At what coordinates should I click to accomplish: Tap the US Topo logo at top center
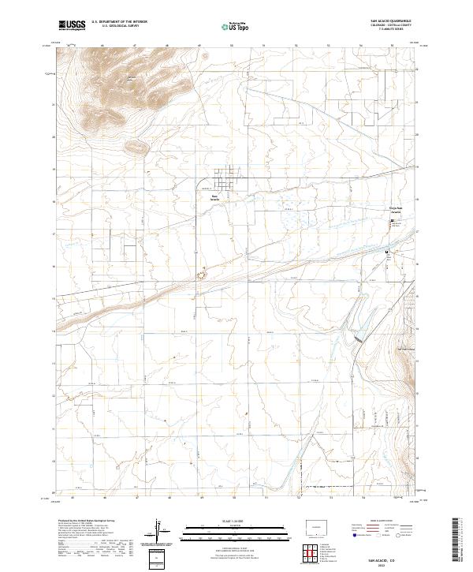pyautogui.click(x=237, y=26)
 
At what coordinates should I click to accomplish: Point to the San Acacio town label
pyautogui.click(x=214, y=199)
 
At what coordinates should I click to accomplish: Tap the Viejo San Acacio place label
pyautogui.click(x=396, y=211)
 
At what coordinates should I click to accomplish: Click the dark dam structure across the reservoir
pyautogui.click(x=359, y=338)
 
